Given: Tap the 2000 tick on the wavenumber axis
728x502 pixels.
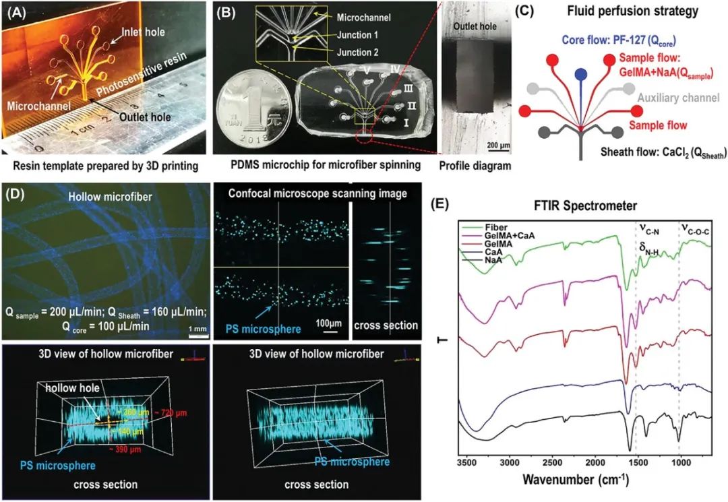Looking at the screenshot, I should tap(595, 464).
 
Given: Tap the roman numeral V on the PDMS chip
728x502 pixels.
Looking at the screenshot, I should tap(365, 71).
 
